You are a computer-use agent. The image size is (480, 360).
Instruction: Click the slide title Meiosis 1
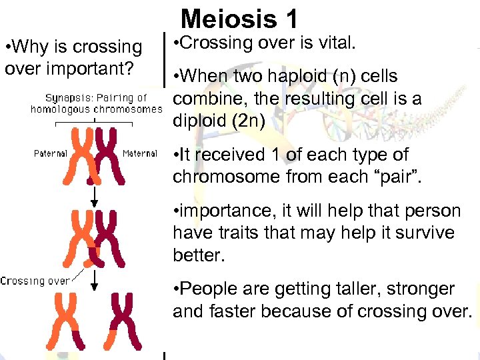240,18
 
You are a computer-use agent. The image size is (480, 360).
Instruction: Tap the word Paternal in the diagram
51,153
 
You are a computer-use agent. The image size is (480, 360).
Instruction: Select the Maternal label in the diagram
139,153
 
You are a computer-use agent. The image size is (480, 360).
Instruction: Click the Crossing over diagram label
34,281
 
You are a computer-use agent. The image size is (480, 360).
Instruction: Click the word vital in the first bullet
337,44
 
